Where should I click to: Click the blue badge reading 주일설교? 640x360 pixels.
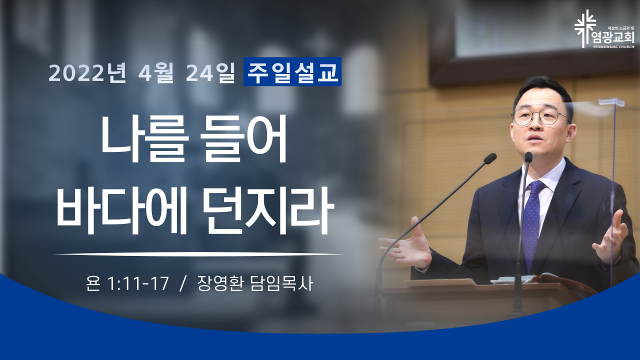click(292, 71)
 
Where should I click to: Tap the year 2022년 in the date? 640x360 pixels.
click(87, 72)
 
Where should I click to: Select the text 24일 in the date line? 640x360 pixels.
click(210, 72)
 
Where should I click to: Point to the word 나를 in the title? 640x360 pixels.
click(144, 139)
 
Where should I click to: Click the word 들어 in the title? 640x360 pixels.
click(243, 139)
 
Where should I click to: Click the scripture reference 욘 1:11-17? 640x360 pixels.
click(127, 283)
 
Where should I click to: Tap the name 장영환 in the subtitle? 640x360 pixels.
click(220, 283)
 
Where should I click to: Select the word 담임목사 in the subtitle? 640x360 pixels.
click(281, 283)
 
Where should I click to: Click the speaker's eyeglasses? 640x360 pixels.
click(539, 116)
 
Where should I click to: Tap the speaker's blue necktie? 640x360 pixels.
click(532, 223)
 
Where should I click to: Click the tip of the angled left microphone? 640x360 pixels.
click(490, 158)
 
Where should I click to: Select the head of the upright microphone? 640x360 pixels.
click(528, 157)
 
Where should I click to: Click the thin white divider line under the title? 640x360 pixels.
click(199, 253)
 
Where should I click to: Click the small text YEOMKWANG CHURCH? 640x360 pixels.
click(616, 47)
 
